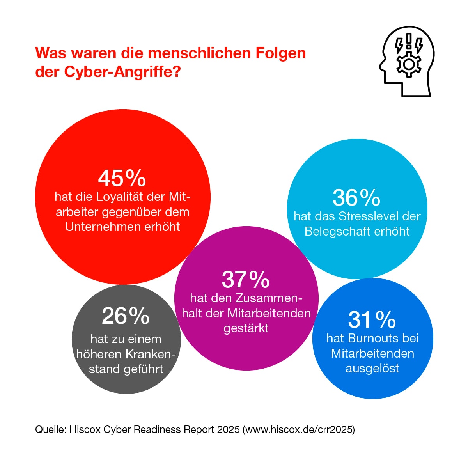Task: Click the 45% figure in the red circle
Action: click(x=122, y=178)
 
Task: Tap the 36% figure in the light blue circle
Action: click(x=356, y=198)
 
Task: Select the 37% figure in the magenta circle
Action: click(x=246, y=279)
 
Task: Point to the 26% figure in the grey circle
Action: click(x=126, y=316)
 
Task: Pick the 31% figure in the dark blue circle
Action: click(x=372, y=320)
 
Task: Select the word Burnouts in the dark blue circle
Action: click(x=374, y=338)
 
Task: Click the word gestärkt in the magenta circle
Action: click(x=246, y=328)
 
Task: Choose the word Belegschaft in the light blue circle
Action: click(x=332, y=231)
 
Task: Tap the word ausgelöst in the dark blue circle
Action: click(x=372, y=368)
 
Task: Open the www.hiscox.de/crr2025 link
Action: click(x=299, y=430)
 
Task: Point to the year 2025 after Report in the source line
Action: click(x=229, y=430)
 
